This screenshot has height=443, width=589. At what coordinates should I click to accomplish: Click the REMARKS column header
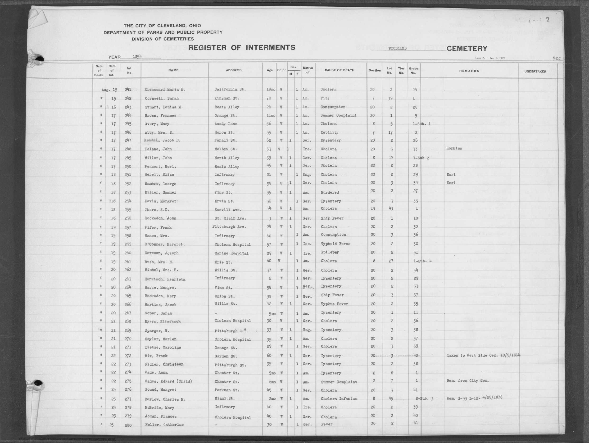point(469,71)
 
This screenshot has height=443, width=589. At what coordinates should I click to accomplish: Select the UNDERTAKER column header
point(535,71)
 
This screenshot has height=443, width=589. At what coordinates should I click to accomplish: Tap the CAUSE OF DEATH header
point(339,70)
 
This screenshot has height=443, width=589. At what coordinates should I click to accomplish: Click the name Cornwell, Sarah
point(162,99)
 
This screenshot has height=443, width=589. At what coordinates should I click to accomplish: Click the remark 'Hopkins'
point(454,149)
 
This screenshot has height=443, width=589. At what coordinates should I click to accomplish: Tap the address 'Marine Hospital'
point(231,253)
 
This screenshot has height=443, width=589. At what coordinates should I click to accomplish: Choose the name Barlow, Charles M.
point(165,399)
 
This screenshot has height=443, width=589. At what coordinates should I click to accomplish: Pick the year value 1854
point(137,56)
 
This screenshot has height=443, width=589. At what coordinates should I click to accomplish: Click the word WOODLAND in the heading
point(397,49)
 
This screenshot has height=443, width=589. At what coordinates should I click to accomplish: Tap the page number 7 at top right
point(548,20)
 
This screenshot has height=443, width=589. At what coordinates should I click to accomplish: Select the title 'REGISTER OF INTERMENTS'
point(241,48)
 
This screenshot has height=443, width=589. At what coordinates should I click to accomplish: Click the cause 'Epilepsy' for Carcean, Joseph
point(330,252)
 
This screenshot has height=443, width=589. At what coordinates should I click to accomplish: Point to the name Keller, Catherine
point(164,425)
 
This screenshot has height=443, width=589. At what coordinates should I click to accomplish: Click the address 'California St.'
point(230,90)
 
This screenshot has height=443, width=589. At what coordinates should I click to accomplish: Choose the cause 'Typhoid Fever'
point(335,244)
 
